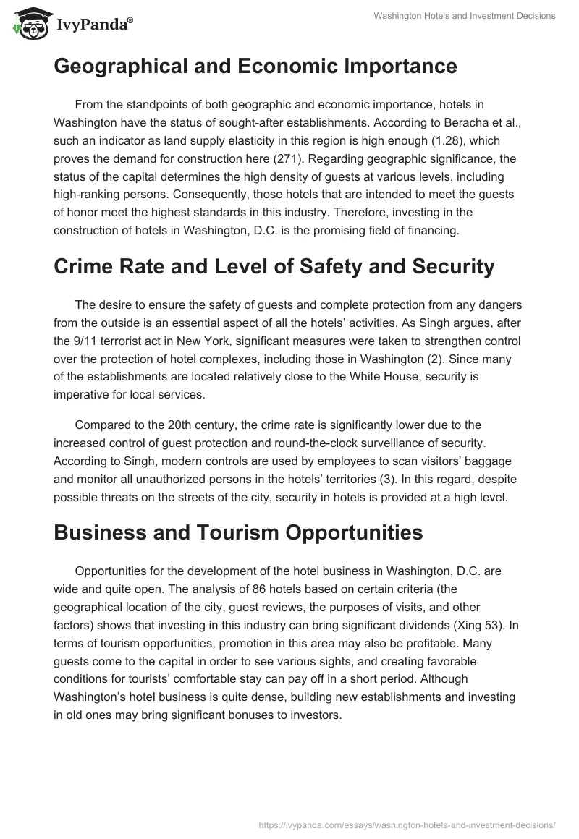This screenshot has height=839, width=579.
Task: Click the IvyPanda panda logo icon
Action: [x=28, y=23]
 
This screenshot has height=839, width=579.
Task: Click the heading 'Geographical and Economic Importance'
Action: [x=255, y=67]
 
